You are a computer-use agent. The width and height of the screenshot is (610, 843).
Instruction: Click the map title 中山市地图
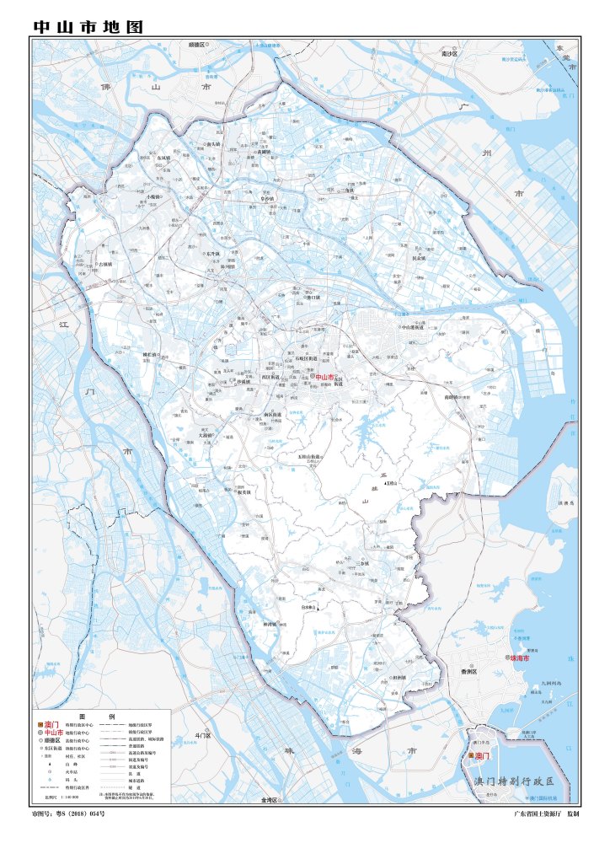point(88,27)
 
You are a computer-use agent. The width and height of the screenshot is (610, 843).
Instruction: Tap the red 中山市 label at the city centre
point(324,378)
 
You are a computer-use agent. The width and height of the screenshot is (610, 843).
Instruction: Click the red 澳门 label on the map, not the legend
point(482,757)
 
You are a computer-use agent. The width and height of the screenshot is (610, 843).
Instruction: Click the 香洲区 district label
point(469,672)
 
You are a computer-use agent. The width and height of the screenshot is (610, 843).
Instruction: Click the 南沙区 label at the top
point(449,53)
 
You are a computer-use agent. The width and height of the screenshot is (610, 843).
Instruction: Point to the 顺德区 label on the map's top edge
point(197,43)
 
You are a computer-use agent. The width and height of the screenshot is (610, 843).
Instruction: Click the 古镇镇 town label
point(104,264)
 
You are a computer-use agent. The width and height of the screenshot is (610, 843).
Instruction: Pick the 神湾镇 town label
point(271,624)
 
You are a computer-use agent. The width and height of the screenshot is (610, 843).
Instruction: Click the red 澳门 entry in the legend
point(52,724)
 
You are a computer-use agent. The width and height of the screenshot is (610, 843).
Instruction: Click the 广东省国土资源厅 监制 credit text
point(546,814)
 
